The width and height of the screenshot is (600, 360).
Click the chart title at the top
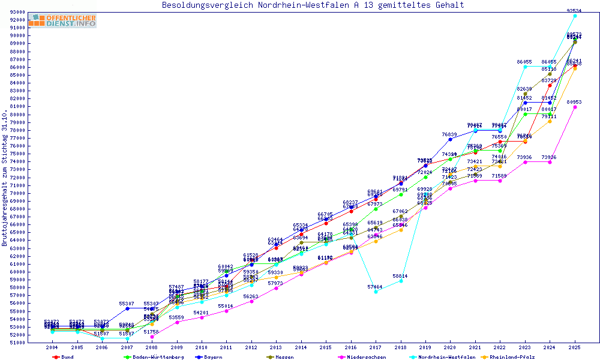click(x=313, y=5)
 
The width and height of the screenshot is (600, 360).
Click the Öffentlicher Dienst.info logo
click(x=62, y=20)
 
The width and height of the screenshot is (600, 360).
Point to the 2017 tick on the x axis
click(x=376, y=347)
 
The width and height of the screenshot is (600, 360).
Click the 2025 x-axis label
click(x=575, y=347)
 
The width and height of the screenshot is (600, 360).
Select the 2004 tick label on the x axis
click(x=52, y=347)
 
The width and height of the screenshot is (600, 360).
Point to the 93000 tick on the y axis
click(x=17, y=12)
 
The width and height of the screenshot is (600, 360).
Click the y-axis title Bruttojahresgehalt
click(x=5, y=178)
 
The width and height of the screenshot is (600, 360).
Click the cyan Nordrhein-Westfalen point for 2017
click(x=376, y=292)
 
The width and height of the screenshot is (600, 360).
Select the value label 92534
click(x=575, y=11)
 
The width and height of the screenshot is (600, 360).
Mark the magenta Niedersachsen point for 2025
click(x=575, y=107)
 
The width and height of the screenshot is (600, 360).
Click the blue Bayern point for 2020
click(x=451, y=139)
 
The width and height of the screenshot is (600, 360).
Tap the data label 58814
click(x=400, y=276)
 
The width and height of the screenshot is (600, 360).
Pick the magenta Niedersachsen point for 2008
click(x=152, y=337)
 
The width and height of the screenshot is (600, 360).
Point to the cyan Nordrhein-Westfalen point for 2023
click(x=525, y=67)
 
